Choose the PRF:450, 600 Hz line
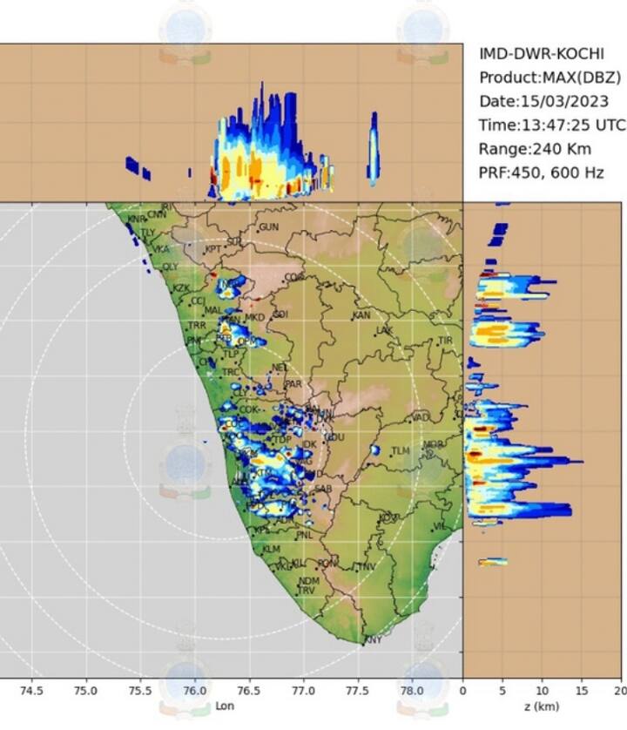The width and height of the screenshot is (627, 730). click(x=541, y=172)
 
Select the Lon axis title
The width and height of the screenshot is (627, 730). click(x=225, y=706)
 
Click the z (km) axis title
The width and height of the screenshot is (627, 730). click(x=542, y=706)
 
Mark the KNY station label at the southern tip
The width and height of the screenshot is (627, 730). click(x=373, y=640)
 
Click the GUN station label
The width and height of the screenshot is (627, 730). click(x=268, y=227)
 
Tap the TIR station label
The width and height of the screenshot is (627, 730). click(x=446, y=341)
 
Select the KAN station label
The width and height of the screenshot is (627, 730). click(x=361, y=315)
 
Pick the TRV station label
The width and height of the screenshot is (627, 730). click(x=306, y=591)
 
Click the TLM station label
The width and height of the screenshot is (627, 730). click(x=400, y=450)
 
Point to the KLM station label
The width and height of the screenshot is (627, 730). click(x=272, y=550)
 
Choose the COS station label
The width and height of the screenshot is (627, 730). click(x=294, y=278)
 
